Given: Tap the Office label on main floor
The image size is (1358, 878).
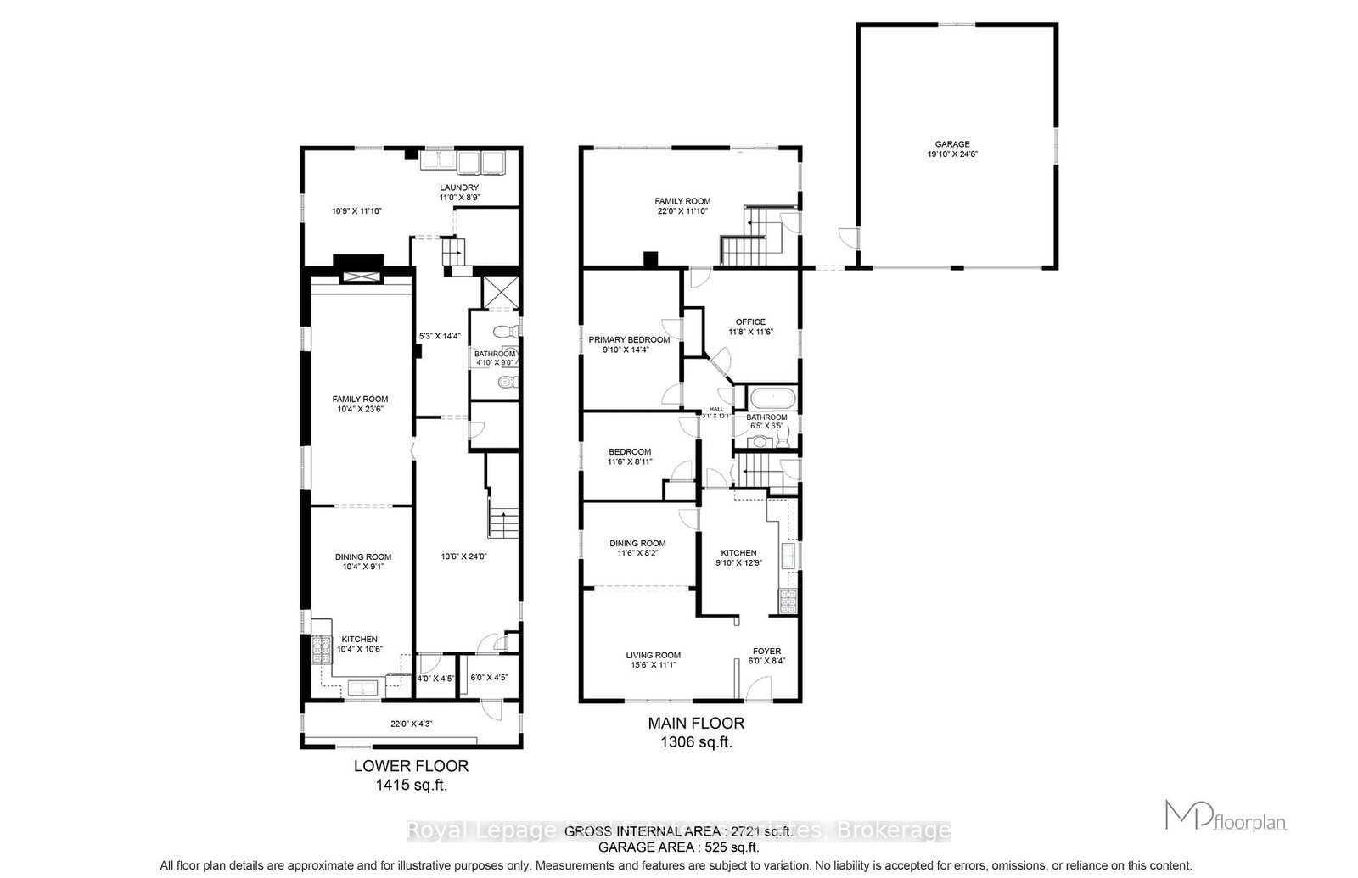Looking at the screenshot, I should pos(750,322).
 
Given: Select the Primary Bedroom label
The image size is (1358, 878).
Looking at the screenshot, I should pos(629,339).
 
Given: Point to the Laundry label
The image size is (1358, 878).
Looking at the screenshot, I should pos(458,187).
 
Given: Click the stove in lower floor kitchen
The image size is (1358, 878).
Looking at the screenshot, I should pos(321,649).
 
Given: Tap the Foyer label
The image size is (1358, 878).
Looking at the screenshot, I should pos(766,652).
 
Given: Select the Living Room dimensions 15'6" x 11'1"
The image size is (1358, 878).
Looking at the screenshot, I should pos(653,665).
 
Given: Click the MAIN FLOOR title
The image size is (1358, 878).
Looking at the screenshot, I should pos(696,724).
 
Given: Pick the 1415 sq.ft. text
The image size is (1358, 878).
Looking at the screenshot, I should pos(411,785).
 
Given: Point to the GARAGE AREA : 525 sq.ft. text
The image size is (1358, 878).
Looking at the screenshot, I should pos(679,847).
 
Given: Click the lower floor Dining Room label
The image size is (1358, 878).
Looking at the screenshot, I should pos(362,557).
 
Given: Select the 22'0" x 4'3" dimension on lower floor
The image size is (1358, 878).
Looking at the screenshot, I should pos(411,724).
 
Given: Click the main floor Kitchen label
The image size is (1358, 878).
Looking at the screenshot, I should pos(738,552).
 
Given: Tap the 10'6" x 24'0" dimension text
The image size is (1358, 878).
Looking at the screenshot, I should pos(463,557).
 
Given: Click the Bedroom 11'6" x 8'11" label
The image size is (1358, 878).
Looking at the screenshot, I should pos(630,451).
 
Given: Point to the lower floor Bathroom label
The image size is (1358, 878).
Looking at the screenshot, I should pos(494,354).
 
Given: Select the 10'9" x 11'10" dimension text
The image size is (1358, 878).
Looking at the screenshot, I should pos(356,210).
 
